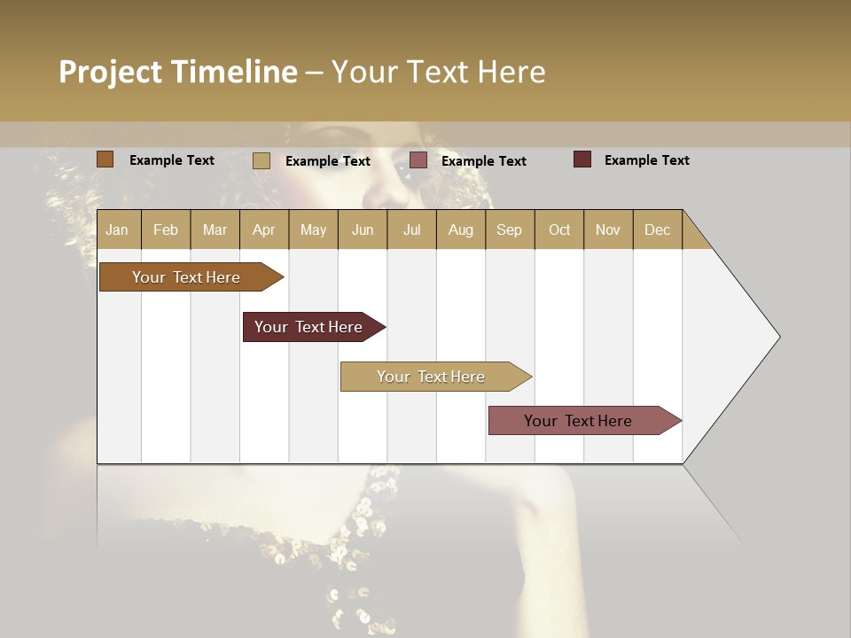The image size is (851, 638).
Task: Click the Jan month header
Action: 117,230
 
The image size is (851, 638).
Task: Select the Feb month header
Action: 166,230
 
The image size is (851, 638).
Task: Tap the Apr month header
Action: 263,230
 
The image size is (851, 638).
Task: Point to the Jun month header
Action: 363,230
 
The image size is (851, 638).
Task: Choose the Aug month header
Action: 460,230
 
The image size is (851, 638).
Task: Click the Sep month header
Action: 509,230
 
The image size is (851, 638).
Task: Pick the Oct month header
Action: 559,230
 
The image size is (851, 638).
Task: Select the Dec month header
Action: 657,230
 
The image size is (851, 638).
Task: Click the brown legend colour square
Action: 105,159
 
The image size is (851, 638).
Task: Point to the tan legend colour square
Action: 262,160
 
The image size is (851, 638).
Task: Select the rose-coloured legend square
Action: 418,160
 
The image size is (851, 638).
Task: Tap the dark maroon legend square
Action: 582,159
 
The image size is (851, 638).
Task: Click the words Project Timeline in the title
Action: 177,72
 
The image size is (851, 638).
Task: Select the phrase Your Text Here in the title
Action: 438,72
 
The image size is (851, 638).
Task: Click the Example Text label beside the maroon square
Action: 646,160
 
